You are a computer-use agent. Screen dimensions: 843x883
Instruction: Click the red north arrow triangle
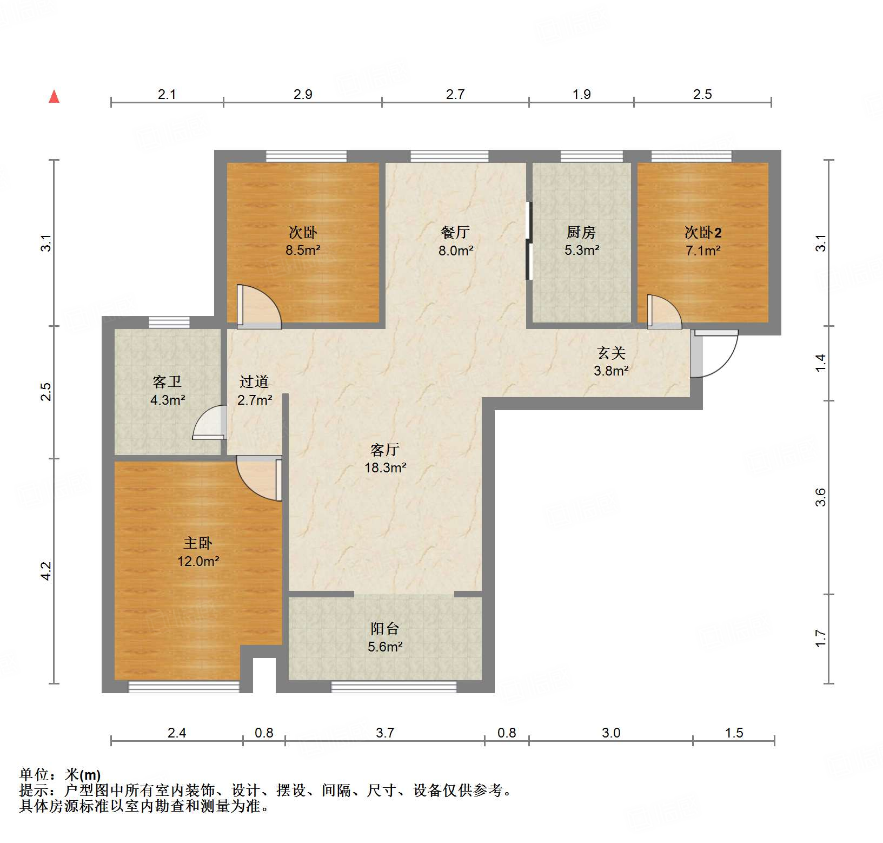tap(54, 97)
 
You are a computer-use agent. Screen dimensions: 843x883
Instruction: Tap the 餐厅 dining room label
tap(455, 233)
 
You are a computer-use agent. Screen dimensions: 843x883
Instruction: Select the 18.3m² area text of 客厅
tap(385, 468)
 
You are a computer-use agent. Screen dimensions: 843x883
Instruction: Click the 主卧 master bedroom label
tap(198, 543)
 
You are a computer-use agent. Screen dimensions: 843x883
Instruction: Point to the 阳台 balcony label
tap(385, 629)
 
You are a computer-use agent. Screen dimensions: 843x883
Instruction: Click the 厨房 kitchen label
tap(581, 233)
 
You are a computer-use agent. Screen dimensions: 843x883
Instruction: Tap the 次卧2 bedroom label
tap(702, 233)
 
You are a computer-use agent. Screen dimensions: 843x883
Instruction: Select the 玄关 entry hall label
tap(611, 353)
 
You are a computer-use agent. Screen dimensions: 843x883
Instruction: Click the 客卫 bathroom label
tap(167, 382)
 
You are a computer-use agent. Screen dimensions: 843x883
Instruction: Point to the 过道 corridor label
tap(254, 382)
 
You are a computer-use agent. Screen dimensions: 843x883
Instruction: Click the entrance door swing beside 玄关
tap(715, 354)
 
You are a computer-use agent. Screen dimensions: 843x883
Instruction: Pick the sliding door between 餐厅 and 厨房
tap(529, 241)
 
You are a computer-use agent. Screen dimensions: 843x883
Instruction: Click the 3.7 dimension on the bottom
tap(385, 733)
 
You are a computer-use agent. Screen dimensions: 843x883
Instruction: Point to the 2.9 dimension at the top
tap(303, 94)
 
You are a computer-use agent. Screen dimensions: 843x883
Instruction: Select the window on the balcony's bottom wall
tap(394, 687)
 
